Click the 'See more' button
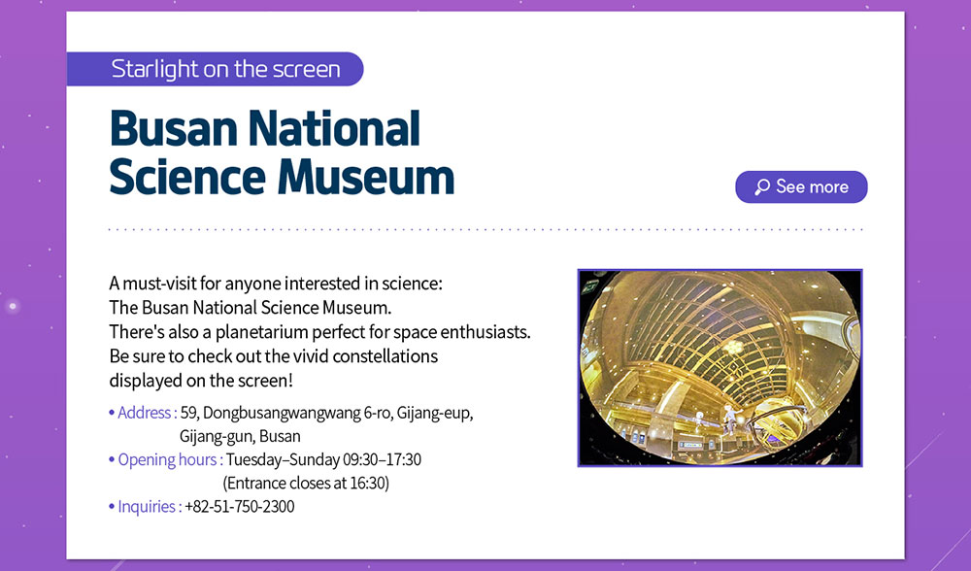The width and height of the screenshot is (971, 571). click(x=801, y=187)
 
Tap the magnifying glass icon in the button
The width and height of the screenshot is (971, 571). click(x=761, y=187)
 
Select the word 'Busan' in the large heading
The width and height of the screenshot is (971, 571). click(x=174, y=129)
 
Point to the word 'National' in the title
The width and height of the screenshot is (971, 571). click(x=334, y=129)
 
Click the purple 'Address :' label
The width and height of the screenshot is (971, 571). click(x=148, y=413)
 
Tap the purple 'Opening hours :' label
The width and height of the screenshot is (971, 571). click(x=170, y=459)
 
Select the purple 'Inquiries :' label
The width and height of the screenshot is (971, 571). click(x=150, y=507)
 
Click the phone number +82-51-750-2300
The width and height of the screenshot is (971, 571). click(x=240, y=507)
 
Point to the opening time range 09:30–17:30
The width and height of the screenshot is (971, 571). click(x=382, y=459)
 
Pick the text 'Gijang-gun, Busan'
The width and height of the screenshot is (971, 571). click(x=240, y=437)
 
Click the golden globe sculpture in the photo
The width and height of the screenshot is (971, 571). click(x=779, y=424)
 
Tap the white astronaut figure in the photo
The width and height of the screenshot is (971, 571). click(x=731, y=419)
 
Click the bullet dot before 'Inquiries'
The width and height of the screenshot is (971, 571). click(x=112, y=507)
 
